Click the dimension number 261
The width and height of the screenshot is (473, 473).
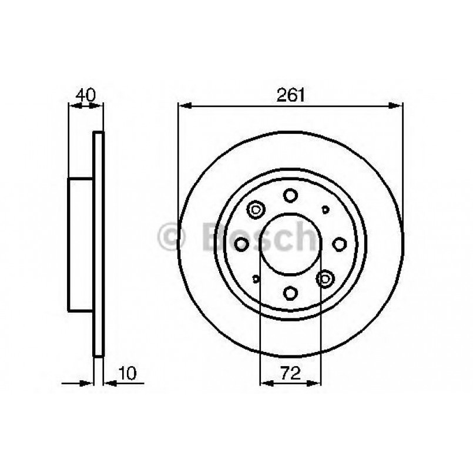[290, 95]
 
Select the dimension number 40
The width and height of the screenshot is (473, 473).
[86, 95]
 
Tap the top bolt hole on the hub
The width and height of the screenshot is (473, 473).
[290, 195]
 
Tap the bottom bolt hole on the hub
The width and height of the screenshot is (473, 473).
[290, 292]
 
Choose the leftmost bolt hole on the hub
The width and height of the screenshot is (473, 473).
[242, 244]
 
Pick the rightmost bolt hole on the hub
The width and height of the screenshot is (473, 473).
[339, 244]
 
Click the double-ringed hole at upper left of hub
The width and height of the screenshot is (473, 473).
[256, 209]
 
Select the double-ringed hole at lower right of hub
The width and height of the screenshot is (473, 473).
[324, 279]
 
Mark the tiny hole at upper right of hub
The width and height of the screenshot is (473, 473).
[325, 209]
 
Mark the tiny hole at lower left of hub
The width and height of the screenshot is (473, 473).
[256, 279]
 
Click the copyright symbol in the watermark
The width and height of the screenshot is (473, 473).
[173, 237]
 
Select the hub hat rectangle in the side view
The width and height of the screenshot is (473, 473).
[81, 244]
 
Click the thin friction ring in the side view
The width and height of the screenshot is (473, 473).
[99, 244]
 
